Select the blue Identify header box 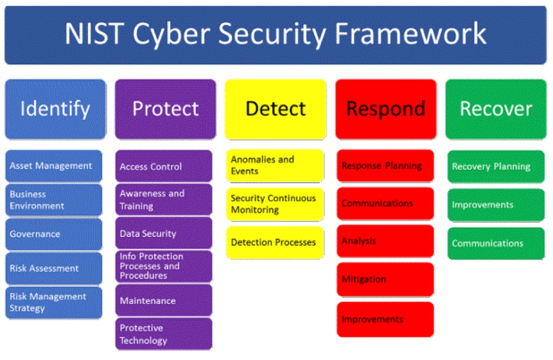pyautogui.click(x=55, y=108)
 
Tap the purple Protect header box pyautogui.click(x=165, y=108)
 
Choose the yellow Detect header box pyautogui.click(x=275, y=108)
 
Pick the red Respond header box pyautogui.click(x=385, y=108)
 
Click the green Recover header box pyautogui.click(x=496, y=108)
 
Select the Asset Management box pyautogui.click(x=54, y=166)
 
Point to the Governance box pyautogui.click(x=54, y=234)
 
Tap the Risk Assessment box pyautogui.click(x=54, y=268)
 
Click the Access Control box pyautogui.click(x=164, y=166)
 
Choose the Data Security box pyautogui.click(x=164, y=233)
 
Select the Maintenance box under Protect pyautogui.click(x=164, y=301)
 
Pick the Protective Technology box pyautogui.click(x=164, y=334)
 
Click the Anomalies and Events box pyautogui.click(x=275, y=165)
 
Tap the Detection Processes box pyautogui.click(x=275, y=242)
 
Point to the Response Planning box pyautogui.click(x=385, y=165)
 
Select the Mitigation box pyautogui.click(x=385, y=279)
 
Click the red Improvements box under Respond pyautogui.click(x=385, y=319)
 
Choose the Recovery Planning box pyautogui.click(x=495, y=166)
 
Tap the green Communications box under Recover pyautogui.click(x=495, y=243)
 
